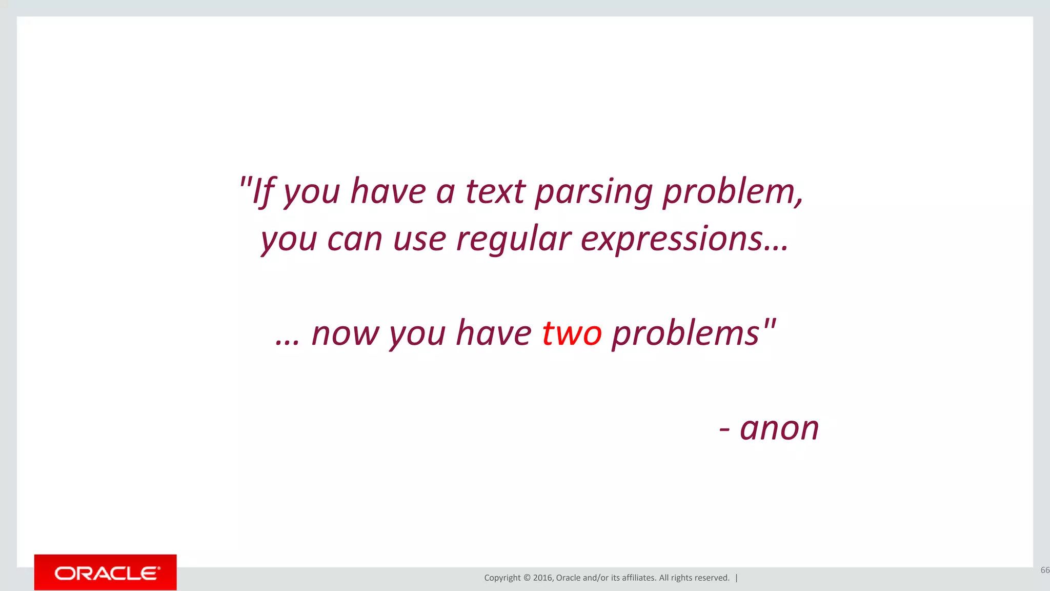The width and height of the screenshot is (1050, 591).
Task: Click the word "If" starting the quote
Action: [264, 192]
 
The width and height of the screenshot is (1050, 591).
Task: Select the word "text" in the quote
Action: [495, 192]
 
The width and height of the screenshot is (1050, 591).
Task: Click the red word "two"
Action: [572, 333]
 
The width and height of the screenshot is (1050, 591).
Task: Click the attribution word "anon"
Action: [779, 428]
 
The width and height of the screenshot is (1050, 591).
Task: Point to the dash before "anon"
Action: [724, 429]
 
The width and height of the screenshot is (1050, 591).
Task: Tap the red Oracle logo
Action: [106, 573]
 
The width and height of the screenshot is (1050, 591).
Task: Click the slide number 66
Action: [1044, 570]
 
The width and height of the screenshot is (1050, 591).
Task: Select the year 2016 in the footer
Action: [542, 578]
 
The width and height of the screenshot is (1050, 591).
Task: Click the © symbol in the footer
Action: [527, 578]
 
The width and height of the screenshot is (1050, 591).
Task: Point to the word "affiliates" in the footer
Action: [639, 578]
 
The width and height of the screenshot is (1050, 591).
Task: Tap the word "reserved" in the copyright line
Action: [712, 578]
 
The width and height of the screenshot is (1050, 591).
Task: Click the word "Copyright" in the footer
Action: [502, 578]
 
